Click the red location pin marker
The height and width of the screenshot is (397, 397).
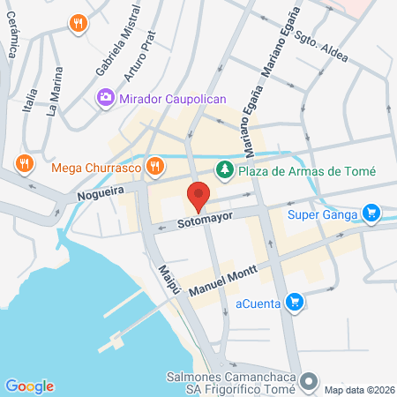pos(198,195)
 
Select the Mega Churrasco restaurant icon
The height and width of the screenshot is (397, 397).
pos(155,165)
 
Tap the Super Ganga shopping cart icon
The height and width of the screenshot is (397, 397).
pos(371,213)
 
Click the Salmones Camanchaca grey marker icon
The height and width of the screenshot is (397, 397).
pos(308,382)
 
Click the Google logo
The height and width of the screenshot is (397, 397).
pos(29,386)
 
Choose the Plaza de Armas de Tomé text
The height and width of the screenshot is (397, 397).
pos(308,171)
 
